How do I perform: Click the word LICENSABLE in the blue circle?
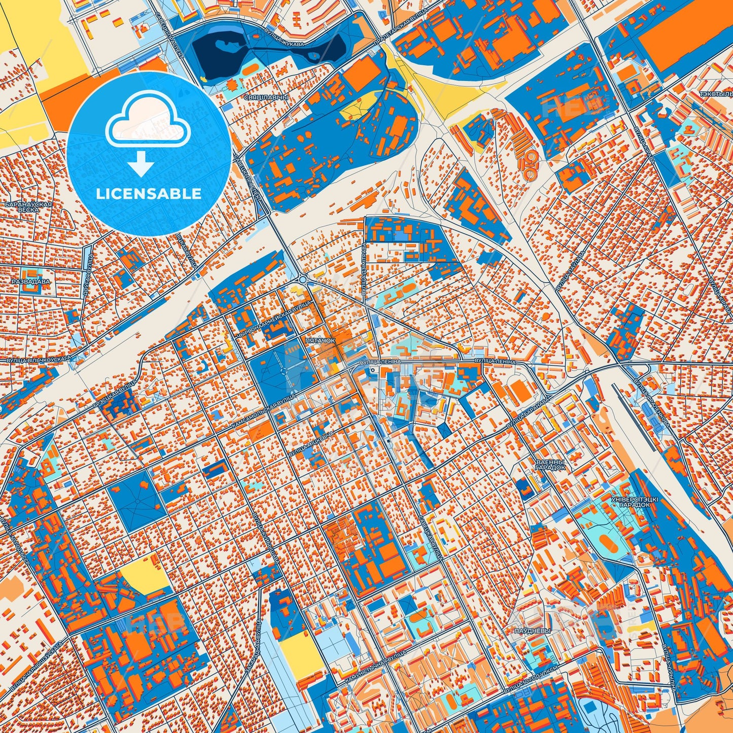click(149, 194)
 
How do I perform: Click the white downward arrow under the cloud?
click(142, 164)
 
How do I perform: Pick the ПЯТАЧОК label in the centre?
click(320, 340)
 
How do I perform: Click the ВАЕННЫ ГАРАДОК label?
click(550, 465)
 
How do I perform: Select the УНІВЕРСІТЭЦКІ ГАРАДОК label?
click(635, 502)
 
